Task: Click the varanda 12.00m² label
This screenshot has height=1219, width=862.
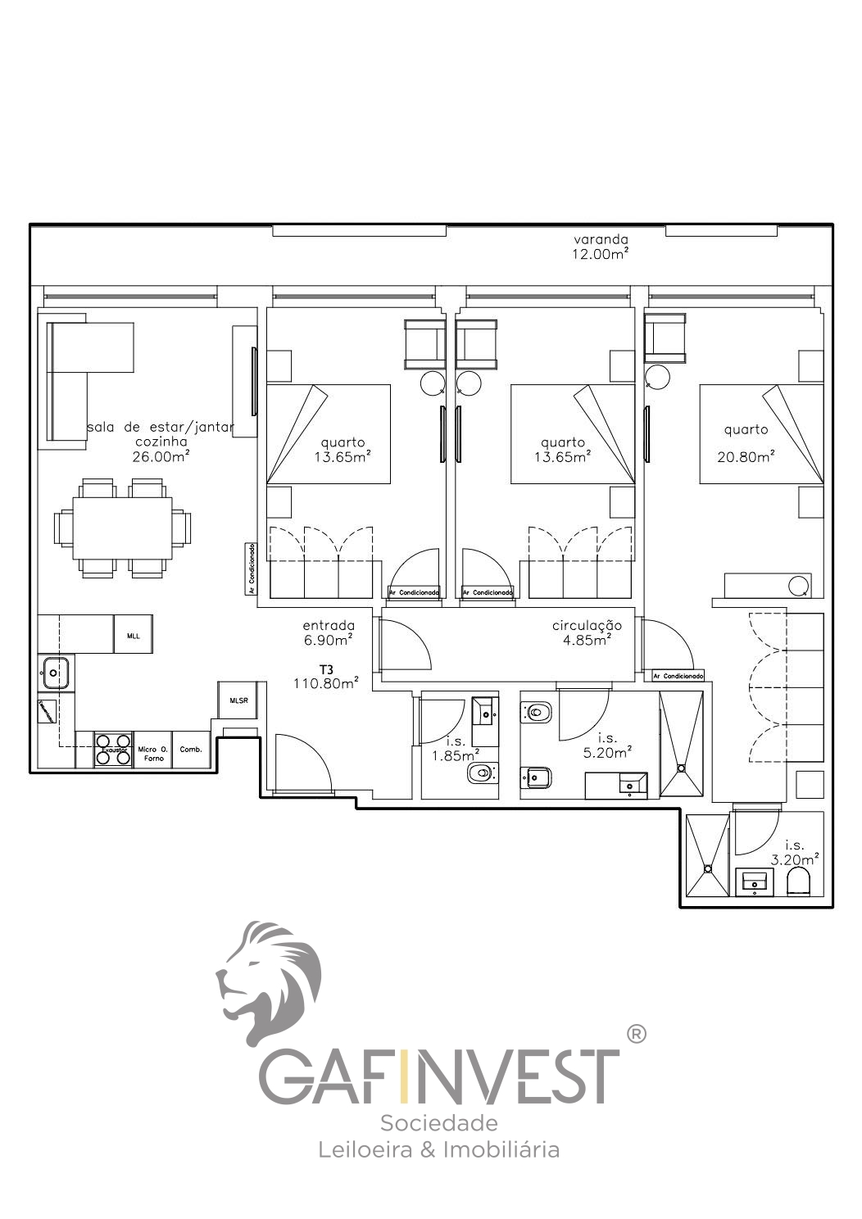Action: pos(601,247)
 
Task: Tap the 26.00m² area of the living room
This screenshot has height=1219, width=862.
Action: pos(161,456)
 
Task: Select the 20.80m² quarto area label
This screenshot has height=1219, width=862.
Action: pos(746,456)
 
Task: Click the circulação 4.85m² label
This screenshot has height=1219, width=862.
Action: pos(587,632)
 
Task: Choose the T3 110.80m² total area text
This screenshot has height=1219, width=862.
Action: pos(326,677)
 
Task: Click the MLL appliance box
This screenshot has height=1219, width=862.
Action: pos(133,634)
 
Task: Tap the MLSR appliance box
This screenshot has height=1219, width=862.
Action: pos(238,700)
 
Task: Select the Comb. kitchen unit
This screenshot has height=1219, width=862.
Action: pos(191,750)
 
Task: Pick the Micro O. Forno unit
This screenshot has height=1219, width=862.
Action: pos(152,753)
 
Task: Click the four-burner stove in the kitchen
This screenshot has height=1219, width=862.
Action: pos(114,750)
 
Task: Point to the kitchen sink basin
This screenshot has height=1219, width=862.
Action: pos(54,673)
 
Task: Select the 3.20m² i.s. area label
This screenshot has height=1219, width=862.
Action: pos(795,853)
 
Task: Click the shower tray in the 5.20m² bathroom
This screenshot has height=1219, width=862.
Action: pos(681,743)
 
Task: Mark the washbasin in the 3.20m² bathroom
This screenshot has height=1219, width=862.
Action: pos(754,881)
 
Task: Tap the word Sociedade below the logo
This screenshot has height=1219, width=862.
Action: pos(438,1122)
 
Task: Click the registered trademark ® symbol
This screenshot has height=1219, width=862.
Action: pos(636,1034)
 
